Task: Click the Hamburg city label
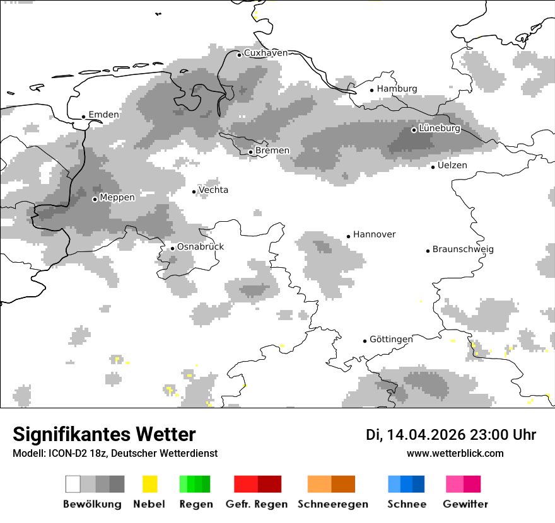tap(397, 89)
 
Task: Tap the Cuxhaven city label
tap(266, 53)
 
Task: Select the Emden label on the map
tap(103, 115)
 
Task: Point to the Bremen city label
tap(272, 151)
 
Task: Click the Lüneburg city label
tap(440, 129)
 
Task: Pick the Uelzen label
tap(452, 166)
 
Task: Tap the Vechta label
tap(213, 190)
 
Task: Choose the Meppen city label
tap(117, 198)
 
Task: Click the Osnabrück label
tap(201, 247)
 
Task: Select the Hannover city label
tap(374, 234)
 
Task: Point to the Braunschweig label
tap(463, 250)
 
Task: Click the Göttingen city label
tap(391, 340)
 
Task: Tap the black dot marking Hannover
tap(348, 236)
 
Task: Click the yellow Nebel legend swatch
tap(149, 484)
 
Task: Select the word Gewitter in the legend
tap(465, 504)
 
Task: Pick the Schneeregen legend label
tap(333, 504)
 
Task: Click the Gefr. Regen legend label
tap(257, 504)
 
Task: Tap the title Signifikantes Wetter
tap(104, 435)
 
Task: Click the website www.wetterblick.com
tap(455, 454)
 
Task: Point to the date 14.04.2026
tap(426, 435)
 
